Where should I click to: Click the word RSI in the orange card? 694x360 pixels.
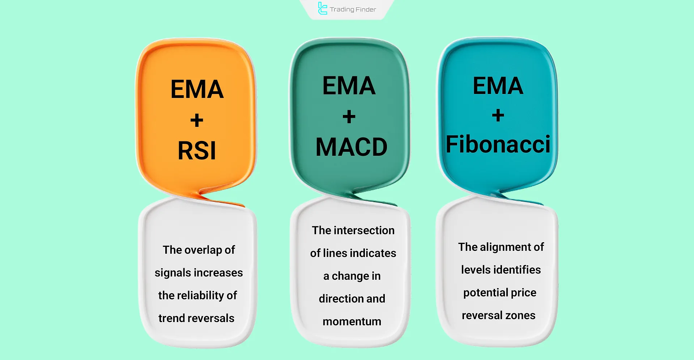pos(197,151)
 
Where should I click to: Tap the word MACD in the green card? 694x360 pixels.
pos(351,147)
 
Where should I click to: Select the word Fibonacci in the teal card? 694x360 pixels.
pos(498,144)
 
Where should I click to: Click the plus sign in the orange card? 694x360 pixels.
pos(197,120)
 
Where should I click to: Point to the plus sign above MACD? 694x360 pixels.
pos(349,117)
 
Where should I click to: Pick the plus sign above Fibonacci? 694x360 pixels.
pos(498,116)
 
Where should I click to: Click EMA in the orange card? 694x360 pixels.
pos(197,89)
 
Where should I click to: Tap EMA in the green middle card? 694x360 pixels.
pos(349,86)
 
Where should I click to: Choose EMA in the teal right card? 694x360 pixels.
pos(498,86)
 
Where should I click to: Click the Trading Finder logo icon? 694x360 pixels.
pos(322,9)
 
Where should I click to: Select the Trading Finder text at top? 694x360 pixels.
pos(353,9)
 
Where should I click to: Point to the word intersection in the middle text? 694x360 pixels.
pos(364,231)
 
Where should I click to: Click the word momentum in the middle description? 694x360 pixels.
pos(352,322)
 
